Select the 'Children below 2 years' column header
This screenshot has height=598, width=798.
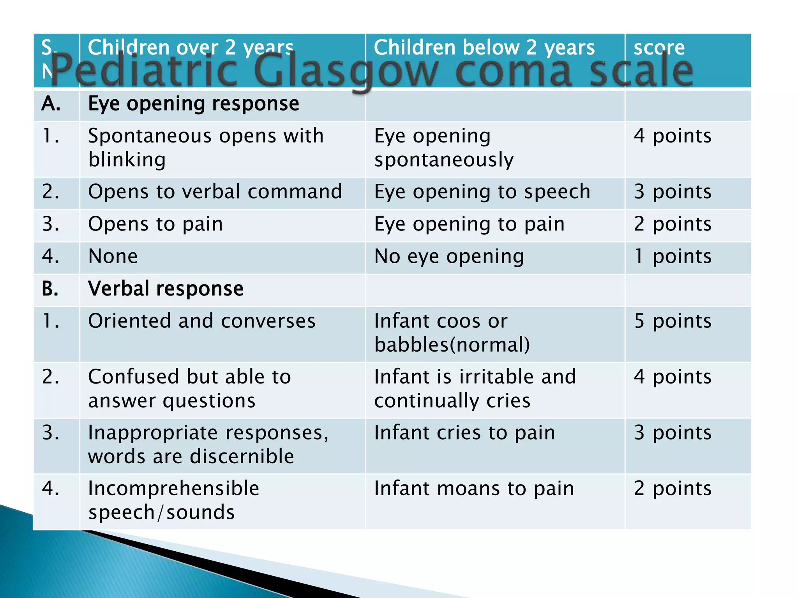(484, 47)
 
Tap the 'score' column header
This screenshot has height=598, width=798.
(659, 47)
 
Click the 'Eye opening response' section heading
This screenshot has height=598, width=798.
(194, 104)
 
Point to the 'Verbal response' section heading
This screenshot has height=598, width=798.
(166, 289)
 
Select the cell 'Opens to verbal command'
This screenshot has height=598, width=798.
(215, 192)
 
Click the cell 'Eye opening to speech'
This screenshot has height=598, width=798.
(482, 192)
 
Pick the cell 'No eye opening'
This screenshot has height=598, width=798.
(449, 257)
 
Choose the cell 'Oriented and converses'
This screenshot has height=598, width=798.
(202, 321)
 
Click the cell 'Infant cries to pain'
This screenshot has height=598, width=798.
(464, 433)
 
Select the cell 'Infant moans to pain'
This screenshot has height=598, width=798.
(474, 489)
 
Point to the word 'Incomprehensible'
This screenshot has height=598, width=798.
(173, 489)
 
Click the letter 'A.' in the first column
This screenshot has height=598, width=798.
(51, 104)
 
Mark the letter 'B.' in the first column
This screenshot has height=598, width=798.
(50, 289)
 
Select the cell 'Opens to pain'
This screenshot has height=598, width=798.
(155, 224)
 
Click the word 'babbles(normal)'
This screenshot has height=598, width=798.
(452, 345)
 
